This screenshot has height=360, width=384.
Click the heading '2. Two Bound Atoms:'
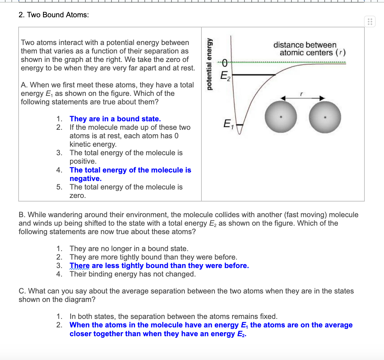pos(54,15)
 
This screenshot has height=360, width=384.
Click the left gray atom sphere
pos(281,117)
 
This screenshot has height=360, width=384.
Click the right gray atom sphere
pos(325,117)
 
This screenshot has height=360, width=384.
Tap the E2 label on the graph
pos(225,76)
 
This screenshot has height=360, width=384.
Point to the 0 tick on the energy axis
pos(225,63)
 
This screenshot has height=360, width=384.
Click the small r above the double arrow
pos(302,94)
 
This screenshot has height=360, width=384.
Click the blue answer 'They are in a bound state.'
pos(115,119)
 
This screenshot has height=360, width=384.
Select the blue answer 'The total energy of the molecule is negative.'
pos(130,174)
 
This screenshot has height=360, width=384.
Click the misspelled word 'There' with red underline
pos(79,266)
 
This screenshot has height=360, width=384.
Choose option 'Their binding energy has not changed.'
pos(133,274)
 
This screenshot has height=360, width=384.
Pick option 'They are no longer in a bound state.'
pos(129,249)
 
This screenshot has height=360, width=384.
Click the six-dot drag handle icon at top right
pos(370,22)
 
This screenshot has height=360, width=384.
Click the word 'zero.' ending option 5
pos(78,196)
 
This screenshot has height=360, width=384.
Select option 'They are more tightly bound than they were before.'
pos(153,257)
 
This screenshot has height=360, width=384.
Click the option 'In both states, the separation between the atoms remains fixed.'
pos(173,317)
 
